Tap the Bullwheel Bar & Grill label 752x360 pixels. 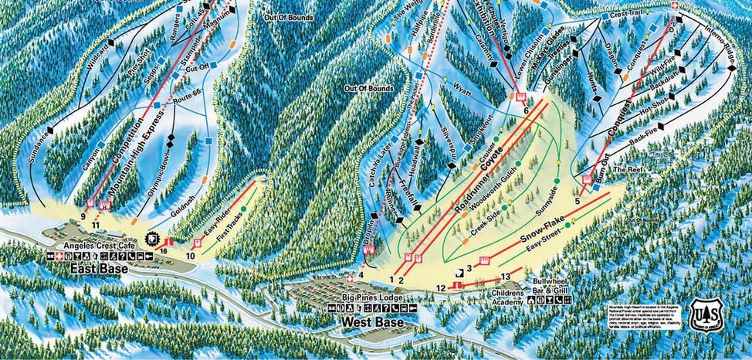point(550,289)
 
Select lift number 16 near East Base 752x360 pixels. point(164,251)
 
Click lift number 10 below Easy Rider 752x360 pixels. point(190,255)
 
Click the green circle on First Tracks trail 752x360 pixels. point(243,209)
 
